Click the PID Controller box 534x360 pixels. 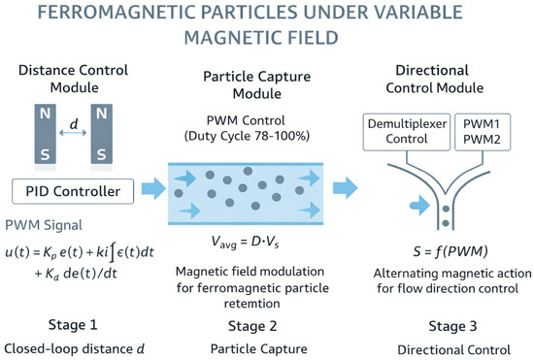click(73, 191)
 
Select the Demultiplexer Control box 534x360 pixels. click(407, 132)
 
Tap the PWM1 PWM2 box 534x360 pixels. click(483, 132)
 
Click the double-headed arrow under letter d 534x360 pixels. click(73, 133)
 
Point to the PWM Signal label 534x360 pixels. click(44, 225)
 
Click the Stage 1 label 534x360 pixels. click(73, 325)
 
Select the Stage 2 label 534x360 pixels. click(252, 326)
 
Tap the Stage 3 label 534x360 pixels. click(452, 326)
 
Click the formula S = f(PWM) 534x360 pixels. click(451, 251)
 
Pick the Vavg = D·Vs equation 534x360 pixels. click(245, 242)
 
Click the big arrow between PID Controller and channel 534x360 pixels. click(153, 188)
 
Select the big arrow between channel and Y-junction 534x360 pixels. click(345, 188)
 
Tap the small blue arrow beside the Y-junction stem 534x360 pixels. click(419, 205)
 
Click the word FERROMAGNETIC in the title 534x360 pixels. click(116, 13)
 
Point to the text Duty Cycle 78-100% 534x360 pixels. click(247, 136)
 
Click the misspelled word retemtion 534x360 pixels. click(252, 303)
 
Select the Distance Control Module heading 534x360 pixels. click(74, 79)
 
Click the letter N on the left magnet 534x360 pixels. click(45, 114)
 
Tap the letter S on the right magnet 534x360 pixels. click(102, 154)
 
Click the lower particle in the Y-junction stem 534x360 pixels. click(446, 223)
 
